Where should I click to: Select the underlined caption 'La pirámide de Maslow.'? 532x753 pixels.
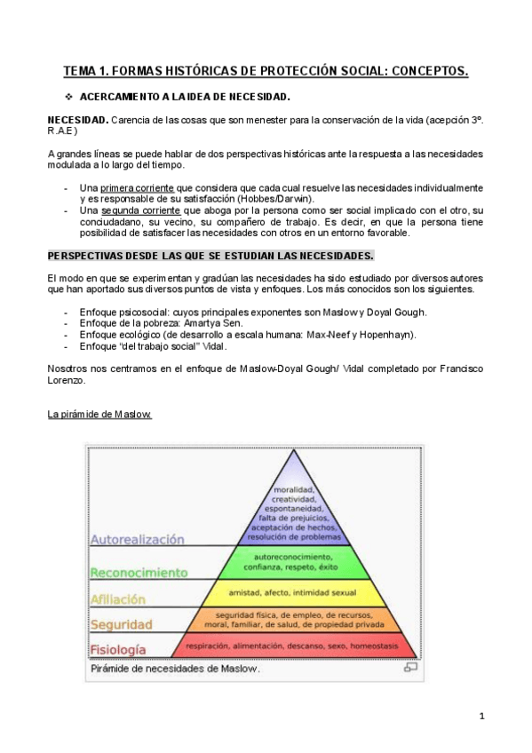(99, 415)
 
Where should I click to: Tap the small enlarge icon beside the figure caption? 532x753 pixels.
(410, 668)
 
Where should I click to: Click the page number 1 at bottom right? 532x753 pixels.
(480, 716)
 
